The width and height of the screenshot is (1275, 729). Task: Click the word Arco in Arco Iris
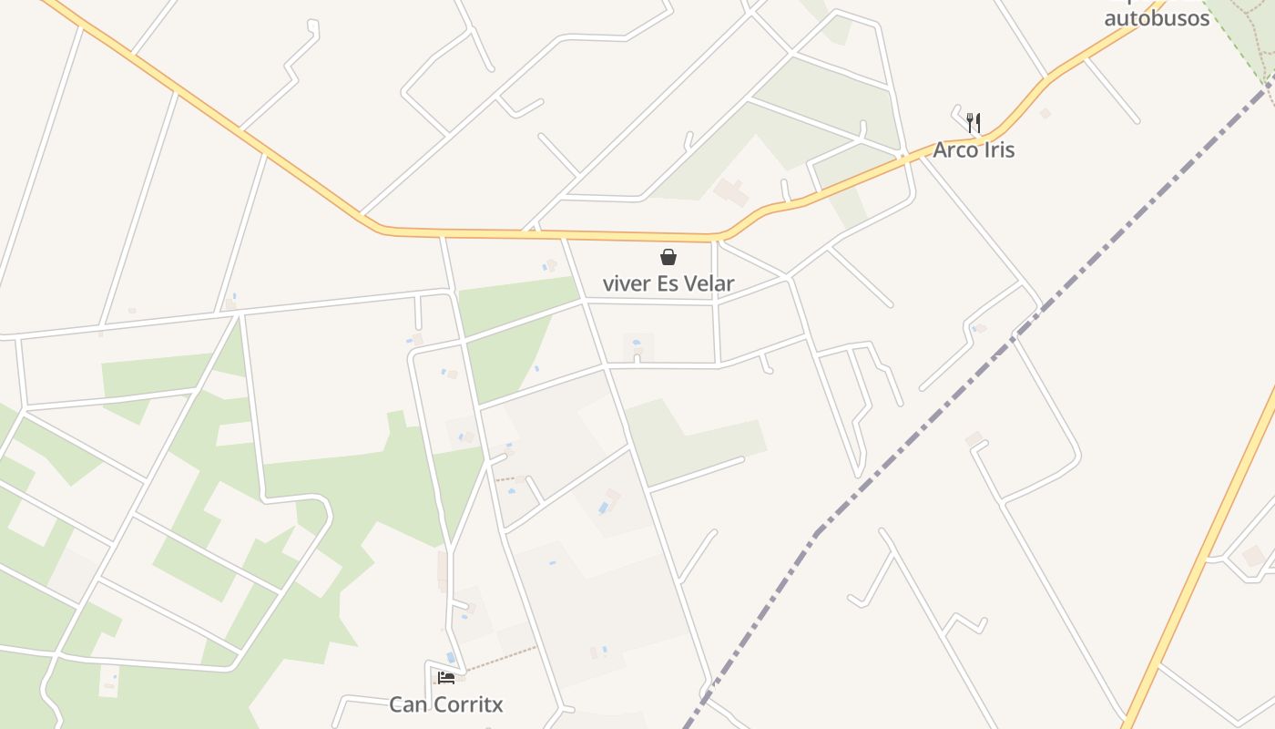[x=954, y=150]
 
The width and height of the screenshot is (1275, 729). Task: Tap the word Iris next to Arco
[x=996, y=150]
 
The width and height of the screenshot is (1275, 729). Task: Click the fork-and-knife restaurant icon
[x=974, y=122]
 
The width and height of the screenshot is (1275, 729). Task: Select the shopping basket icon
[x=668, y=257]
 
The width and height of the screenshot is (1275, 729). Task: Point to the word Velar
[x=708, y=283]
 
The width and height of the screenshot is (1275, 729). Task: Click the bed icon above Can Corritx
[x=446, y=678]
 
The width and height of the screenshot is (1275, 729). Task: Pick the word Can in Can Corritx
[x=406, y=704]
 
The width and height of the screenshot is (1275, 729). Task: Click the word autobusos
[x=1157, y=18]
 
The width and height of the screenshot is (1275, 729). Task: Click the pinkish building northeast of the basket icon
[x=730, y=192]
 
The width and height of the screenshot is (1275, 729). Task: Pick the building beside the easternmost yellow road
[x=1254, y=555]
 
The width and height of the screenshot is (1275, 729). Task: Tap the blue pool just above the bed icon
[x=451, y=657]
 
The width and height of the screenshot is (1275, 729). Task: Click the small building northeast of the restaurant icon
[x=1045, y=113]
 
